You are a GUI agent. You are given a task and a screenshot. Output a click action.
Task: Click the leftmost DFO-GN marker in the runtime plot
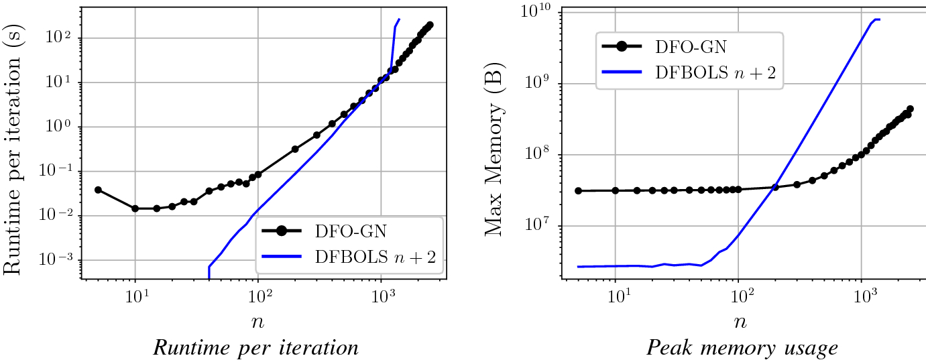point(98,190)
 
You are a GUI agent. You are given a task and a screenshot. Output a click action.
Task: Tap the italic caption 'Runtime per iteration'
point(255,348)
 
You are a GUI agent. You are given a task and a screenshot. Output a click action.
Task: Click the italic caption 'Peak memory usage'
point(742,348)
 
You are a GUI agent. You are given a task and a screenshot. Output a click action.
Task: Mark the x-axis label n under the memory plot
point(739,321)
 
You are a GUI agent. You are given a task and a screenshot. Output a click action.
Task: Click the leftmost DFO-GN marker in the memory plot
point(579,190)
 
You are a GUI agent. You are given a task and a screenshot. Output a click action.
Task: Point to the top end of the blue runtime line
point(400,19)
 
